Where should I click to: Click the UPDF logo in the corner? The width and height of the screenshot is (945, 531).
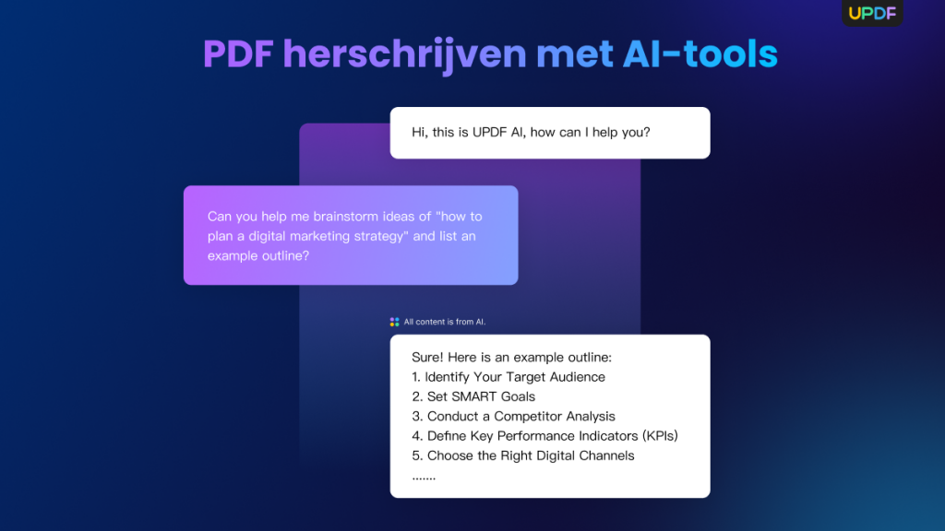(x=872, y=13)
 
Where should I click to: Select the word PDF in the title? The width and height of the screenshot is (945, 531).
(x=237, y=54)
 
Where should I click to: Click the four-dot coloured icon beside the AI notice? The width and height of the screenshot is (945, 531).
(x=395, y=322)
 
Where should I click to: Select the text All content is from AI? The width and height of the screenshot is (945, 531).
(x=445, y=322)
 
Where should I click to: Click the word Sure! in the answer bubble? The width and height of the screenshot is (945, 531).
(x=428, y=357)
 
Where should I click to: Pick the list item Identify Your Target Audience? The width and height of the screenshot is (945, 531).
(x=515, y=376)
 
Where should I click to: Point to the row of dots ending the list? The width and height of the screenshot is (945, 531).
(x=424, y=477)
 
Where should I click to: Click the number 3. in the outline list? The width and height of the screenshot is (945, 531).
(x=418, y=416)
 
